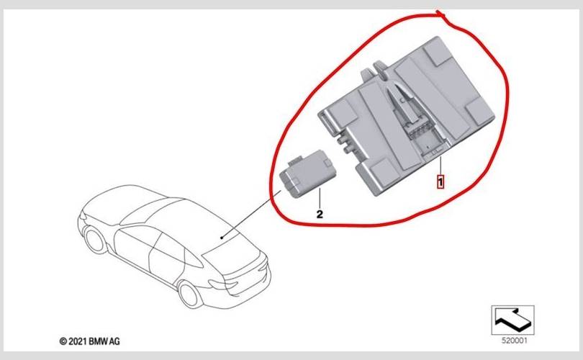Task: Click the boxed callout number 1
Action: (440, 182)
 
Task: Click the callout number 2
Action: (320, 215)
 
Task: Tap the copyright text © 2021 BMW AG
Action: (89, 341)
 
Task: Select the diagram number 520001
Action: (514, 341)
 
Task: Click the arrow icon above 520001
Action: (512, 320)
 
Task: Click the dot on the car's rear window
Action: (222, 238)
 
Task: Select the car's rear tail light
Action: (224, 284)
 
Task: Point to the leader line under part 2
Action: (320, 198)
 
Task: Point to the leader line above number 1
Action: (440, 166)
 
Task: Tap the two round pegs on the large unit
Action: (343, 144)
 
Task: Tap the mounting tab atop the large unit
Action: (376, 69)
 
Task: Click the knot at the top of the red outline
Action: (440, 14)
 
